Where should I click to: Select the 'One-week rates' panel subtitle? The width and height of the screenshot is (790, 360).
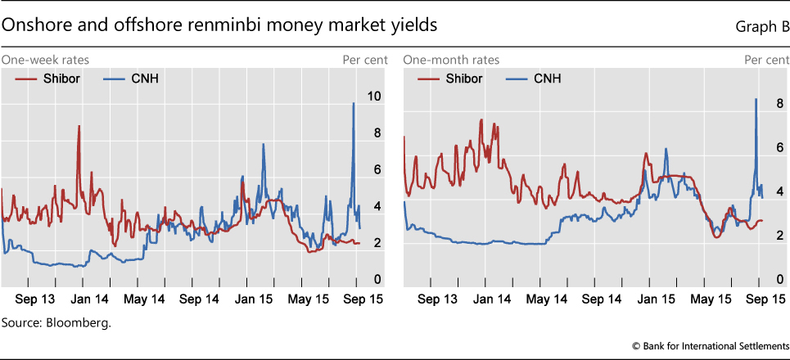point(45,61)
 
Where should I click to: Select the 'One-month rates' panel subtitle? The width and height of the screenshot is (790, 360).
point(451,61)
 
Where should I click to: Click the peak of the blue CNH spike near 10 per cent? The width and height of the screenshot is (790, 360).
point(353,103)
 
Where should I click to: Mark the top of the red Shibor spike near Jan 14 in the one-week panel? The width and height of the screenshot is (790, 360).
point(79,126)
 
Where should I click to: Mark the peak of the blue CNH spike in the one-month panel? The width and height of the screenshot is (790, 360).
point(755,99)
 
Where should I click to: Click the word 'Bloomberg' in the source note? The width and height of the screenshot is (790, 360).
point(82,322)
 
